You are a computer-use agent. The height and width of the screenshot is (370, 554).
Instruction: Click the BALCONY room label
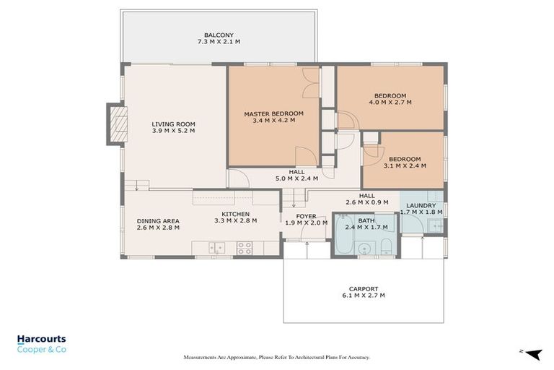(217, 35)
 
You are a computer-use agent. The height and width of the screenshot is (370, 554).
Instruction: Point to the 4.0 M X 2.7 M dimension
(390, 103)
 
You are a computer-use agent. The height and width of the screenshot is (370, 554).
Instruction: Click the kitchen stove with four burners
(245, 247)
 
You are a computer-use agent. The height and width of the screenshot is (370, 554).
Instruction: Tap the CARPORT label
(363, 288)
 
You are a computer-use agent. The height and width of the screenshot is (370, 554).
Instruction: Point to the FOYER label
(306, 215)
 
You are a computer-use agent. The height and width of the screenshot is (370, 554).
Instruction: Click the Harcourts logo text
(41, 338)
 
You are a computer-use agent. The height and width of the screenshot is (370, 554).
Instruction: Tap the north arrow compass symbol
(532, 353)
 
